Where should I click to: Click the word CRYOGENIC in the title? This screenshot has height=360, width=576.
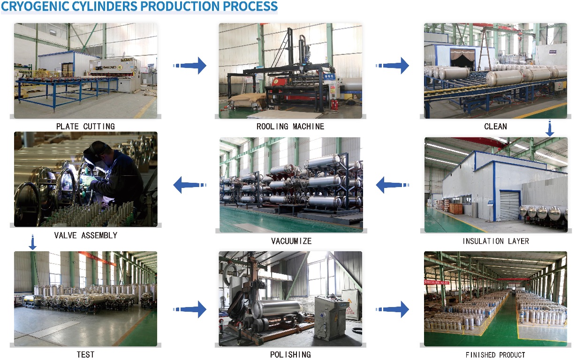(35, 6)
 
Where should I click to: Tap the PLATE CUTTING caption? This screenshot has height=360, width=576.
(86, 127)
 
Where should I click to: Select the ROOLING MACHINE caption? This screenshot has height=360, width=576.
(290, 127)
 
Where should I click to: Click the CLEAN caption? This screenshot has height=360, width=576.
(495, 127)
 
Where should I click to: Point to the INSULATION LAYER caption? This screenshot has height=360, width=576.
(495, 241)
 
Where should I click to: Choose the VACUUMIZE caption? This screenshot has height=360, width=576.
(291, 241)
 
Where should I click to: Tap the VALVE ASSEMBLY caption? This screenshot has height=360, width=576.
(86, 235)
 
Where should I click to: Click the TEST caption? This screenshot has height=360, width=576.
(86, 354)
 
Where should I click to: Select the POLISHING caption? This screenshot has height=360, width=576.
(290, 354)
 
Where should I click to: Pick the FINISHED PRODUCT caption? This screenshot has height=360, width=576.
(495, 355)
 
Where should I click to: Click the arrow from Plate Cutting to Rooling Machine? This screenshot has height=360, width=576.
(190, 66)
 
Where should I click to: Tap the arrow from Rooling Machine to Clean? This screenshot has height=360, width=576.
(393, 66)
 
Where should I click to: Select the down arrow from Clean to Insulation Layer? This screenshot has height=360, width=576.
(550, 128)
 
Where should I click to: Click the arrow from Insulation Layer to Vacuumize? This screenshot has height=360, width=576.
(393, 185)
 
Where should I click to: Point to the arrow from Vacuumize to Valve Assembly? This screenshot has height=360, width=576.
(190, 185)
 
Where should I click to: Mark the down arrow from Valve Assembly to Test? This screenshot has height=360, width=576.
(32, 242)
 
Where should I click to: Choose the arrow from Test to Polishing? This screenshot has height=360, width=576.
(190, 309)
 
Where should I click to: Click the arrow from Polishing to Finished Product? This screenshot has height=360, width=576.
(393, 309)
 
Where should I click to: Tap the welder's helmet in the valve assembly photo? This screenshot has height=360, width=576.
(97, 151)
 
